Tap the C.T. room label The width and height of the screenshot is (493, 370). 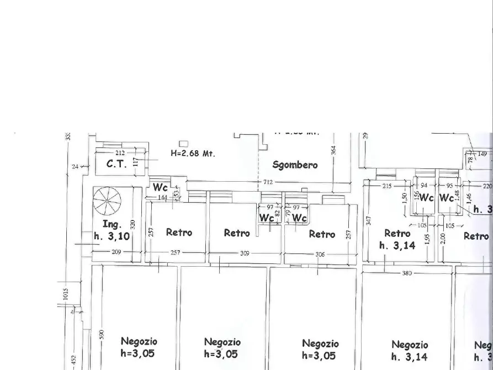(116, 164)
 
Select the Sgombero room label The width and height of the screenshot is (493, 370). (295, 165)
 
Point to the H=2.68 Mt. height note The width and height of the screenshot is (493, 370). (193, 153)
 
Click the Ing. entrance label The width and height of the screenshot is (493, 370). (112, 225)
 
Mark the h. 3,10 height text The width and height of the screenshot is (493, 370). (112, 236)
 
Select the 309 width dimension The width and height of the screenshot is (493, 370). (245, 253)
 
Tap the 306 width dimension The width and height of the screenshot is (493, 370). (320, 254)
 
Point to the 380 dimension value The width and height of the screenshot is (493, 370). (407, 273)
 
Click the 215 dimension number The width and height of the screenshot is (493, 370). (387, 186)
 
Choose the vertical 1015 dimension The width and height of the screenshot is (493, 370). (66, 295)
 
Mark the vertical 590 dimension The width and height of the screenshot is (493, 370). (101, 335)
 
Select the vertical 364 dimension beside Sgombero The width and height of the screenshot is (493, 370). (333, 150)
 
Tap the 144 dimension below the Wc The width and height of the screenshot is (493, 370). (162, 197)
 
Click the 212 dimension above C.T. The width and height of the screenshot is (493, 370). (120, 153)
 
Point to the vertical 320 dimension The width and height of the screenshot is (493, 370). (132, 224)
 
